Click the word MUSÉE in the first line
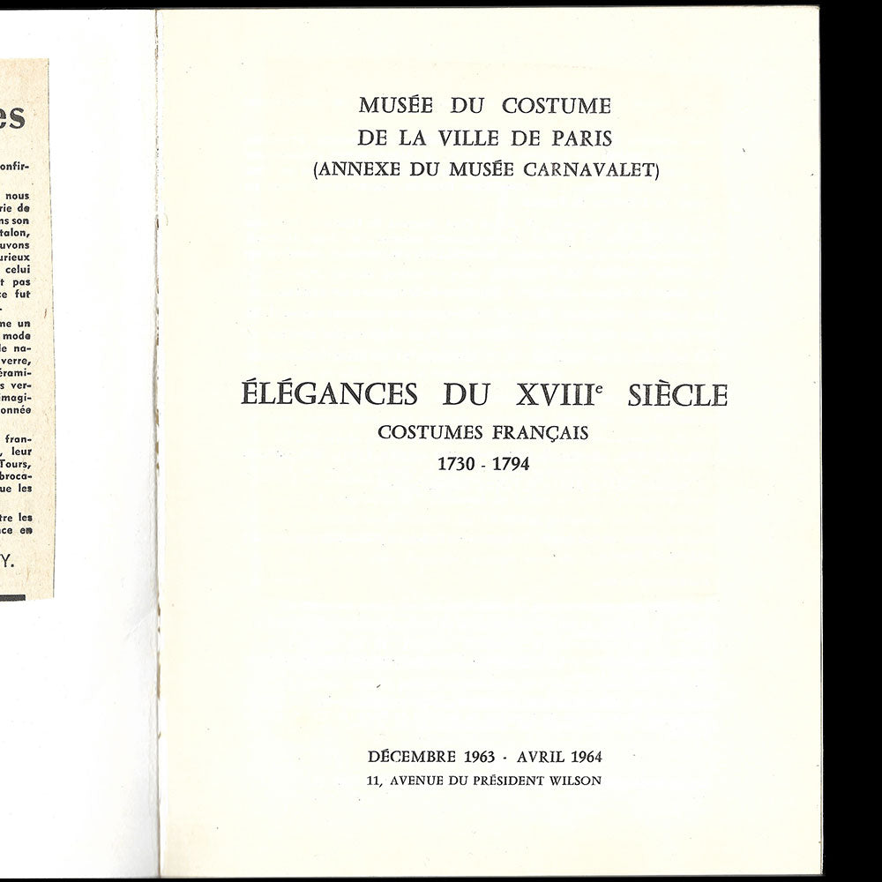pos(390,106)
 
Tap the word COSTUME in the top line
pos(557,106)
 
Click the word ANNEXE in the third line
pos(353,170)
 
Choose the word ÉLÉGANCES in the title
pos(329,394)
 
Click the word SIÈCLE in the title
pos(677,394)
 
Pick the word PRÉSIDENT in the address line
pos(504,781)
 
